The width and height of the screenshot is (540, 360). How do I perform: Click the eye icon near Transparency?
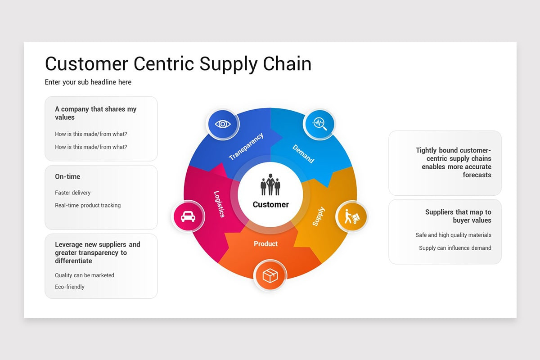pos(223,124)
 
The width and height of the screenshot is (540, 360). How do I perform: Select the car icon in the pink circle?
pos(188,216)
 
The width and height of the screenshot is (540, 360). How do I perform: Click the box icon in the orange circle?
pos(270,275)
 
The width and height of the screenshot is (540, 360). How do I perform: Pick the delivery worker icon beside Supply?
pos(351,216)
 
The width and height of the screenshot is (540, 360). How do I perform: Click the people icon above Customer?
pos(270,184)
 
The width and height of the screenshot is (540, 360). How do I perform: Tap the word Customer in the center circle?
pos(271,205)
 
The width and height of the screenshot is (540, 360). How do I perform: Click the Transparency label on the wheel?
pos(246,146)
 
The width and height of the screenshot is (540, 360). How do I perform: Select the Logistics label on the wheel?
pos(219,204)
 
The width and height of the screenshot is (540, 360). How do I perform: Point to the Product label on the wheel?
pos(265,244)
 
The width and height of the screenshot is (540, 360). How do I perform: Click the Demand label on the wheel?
pos(303,154)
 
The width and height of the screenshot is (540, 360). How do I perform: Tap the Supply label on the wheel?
pos(318,216)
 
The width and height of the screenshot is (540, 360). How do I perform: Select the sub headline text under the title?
pos(88,82)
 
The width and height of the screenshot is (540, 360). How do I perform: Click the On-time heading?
pos(67,177)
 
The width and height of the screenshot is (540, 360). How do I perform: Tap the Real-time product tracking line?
pos(88,206)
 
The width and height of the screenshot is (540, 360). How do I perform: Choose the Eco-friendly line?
pos(70,287)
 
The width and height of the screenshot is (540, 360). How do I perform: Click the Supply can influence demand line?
pos(455,248)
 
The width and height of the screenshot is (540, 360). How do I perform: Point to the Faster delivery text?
pos(73,193)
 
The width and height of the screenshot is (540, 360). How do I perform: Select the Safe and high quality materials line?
pos(453,235)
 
